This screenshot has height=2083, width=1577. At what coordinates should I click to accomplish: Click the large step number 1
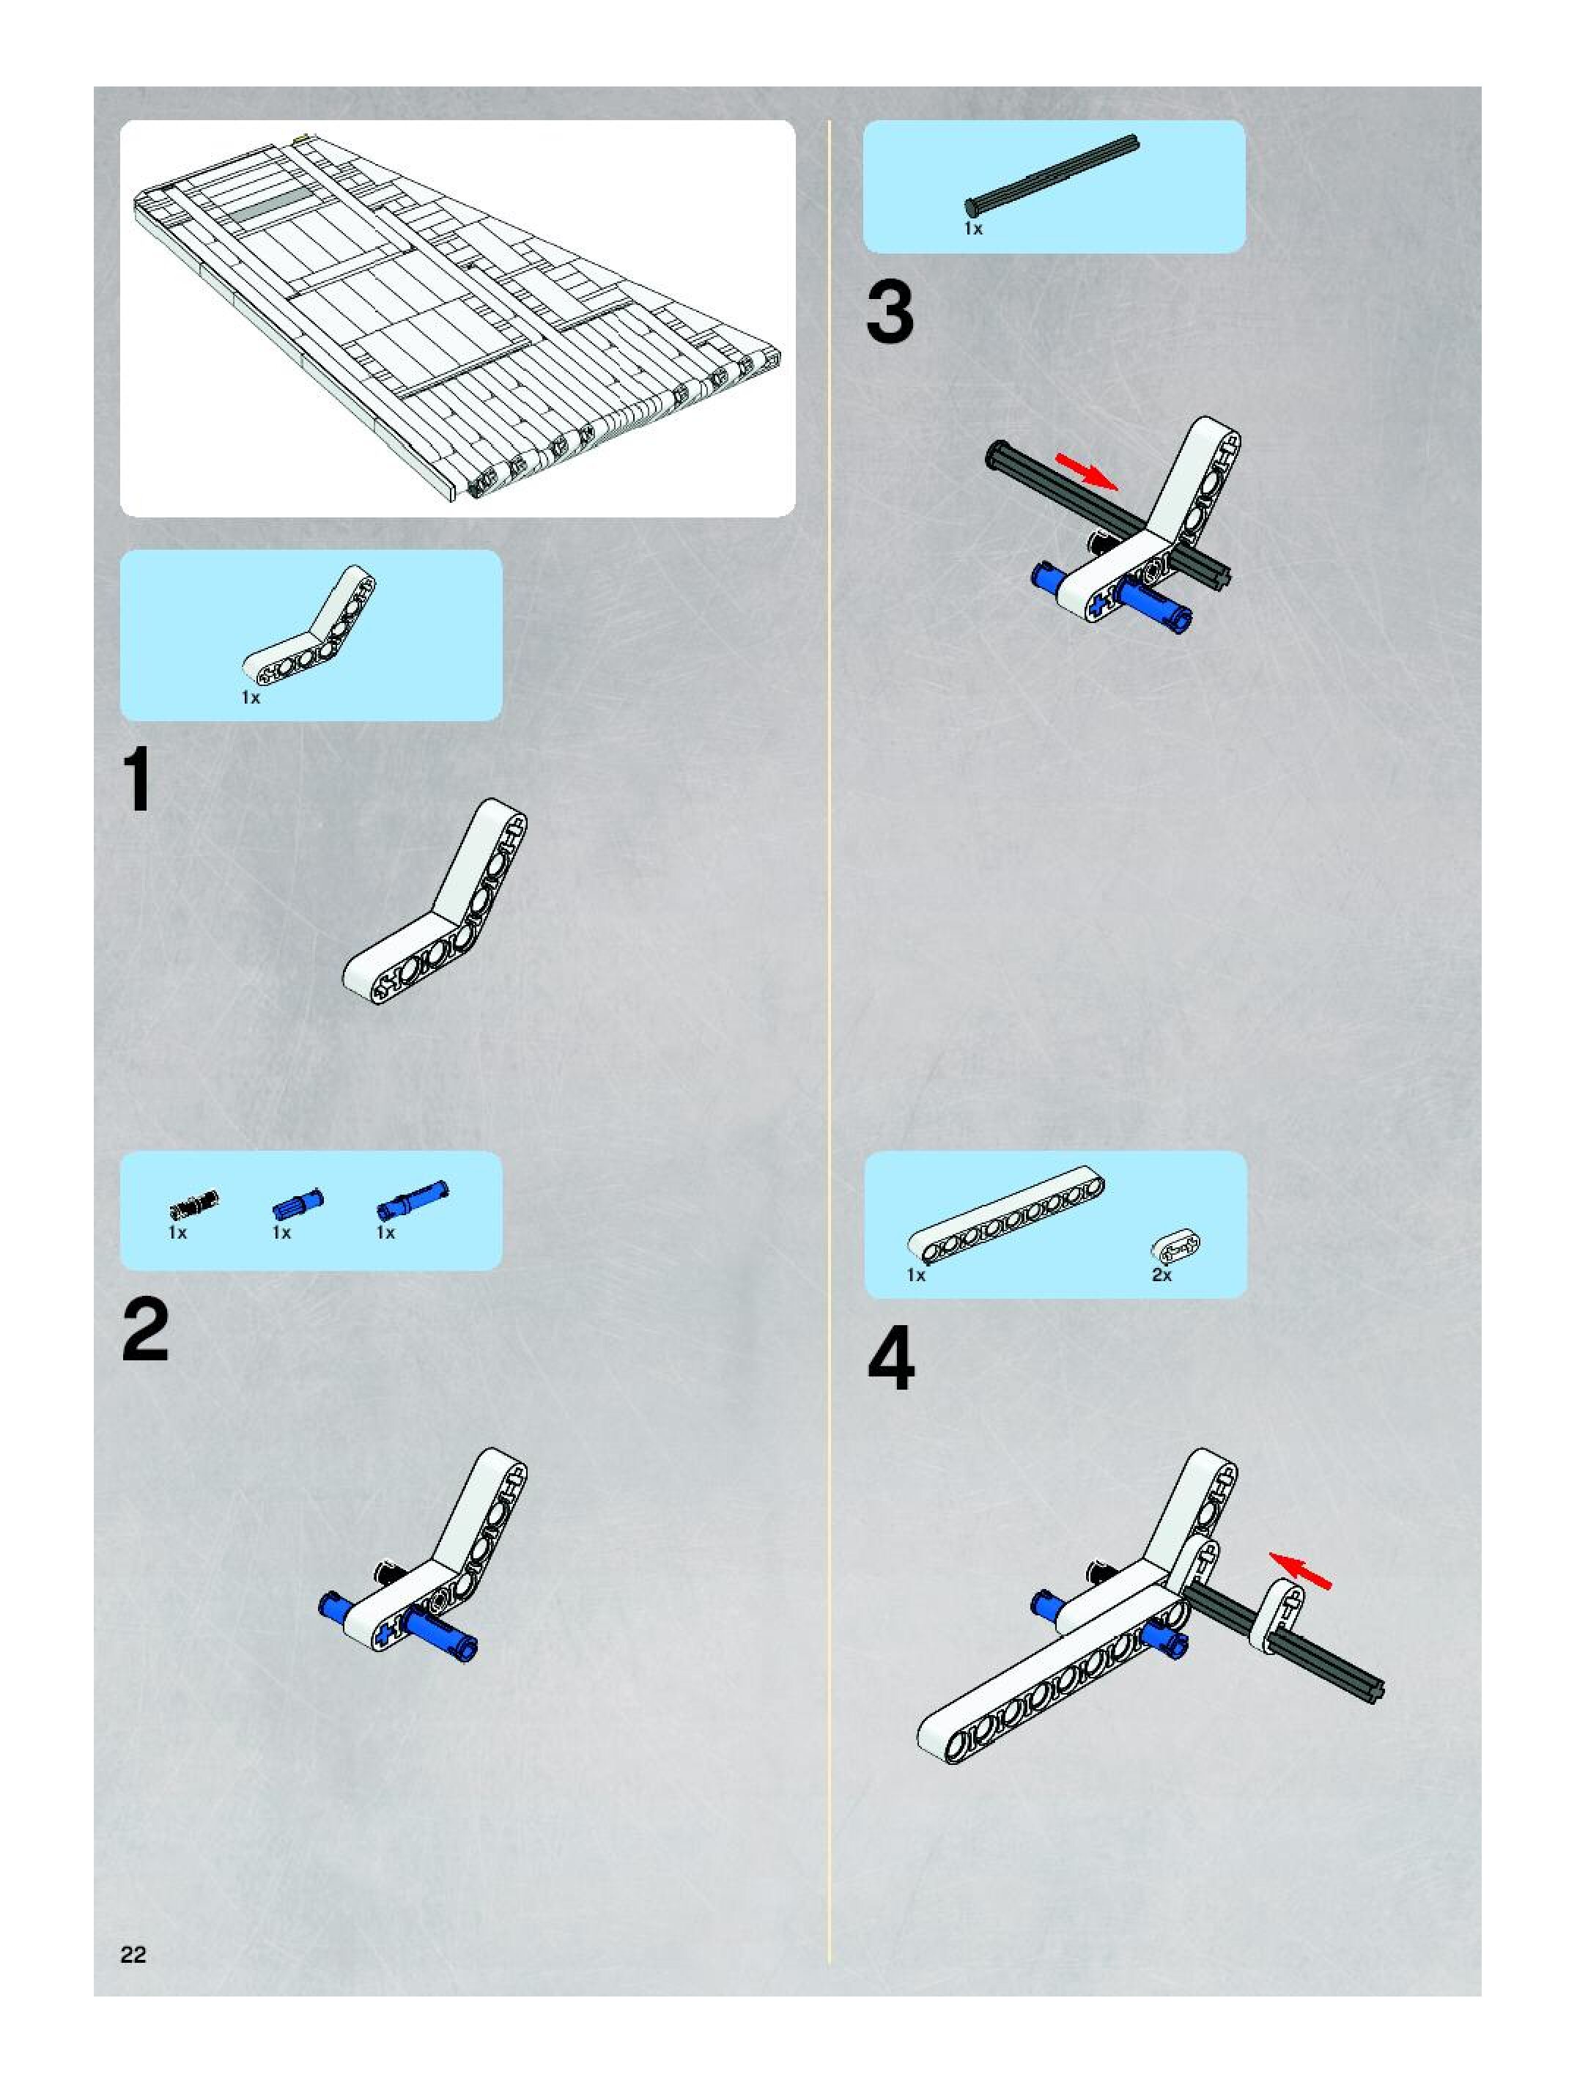(139, 781)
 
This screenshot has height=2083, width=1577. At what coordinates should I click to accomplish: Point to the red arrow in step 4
(1301, 1570)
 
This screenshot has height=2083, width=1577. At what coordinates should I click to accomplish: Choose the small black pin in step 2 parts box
(194, 1203)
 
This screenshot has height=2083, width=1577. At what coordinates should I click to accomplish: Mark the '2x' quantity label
(1161, 1275)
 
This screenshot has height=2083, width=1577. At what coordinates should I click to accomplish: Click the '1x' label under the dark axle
(972, 229)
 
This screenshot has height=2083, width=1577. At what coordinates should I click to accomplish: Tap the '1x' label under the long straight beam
(916, 1275)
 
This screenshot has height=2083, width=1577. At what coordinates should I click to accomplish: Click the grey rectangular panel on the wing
(272, 205)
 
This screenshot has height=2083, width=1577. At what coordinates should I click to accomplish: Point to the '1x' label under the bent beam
(251, 698)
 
